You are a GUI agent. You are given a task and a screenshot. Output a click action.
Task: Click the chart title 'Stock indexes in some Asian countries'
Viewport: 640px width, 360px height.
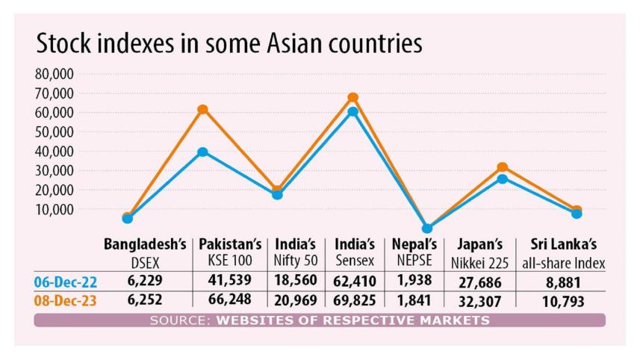(x=229, y=43)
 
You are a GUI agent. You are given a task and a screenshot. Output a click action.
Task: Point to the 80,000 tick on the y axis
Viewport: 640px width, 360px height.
(x=53, y=74)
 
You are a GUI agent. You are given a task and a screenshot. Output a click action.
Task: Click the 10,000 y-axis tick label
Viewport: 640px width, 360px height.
(x=53, y=210)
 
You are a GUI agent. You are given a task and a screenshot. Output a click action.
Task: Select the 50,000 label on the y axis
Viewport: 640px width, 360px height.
(x=53, y=132)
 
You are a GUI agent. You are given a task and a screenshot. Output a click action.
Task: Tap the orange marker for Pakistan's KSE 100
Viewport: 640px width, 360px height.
(x=202, y=110)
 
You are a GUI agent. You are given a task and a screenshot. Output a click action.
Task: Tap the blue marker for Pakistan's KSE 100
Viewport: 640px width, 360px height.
(x=202, y=152)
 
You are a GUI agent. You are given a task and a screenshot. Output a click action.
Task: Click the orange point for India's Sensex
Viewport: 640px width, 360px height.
(x=352, y=98)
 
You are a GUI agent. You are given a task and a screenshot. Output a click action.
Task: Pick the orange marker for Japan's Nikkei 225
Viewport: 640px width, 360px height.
(x=503, y=167)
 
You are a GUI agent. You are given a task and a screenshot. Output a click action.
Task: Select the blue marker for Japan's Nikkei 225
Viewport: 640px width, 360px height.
(x=503, y=179)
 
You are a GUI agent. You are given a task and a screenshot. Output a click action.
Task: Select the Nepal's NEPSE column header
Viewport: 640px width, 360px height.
(x=414, y=253)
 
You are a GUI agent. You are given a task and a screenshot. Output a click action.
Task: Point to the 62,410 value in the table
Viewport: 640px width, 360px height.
(x=354, y=282)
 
